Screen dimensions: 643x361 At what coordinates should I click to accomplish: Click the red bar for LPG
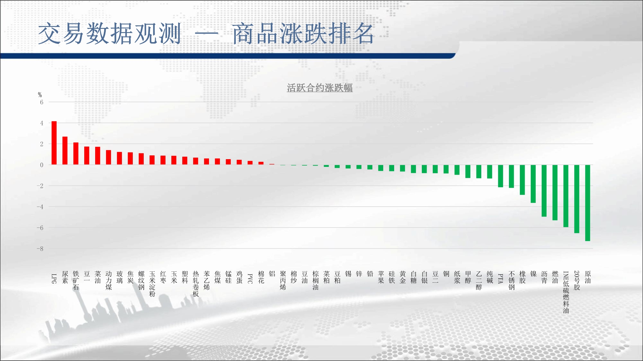tap(54, 143)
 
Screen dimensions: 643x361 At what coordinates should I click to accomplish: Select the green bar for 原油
tap(587, 203)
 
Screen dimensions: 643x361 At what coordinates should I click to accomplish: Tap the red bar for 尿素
tap(65, 151)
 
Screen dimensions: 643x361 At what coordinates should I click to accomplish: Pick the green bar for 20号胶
tap(576, 199)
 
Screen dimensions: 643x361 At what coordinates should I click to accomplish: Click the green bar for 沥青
tap(544, 191)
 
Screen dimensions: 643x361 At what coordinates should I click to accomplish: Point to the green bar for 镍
tap(533, 184)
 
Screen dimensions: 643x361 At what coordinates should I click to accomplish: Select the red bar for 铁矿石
tap(76, 154)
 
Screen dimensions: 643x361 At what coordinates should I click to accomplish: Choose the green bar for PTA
tap(500, 176)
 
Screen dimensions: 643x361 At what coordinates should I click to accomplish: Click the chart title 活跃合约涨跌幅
tap(320, 88)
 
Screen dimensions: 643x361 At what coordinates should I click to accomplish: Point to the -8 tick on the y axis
tap(40, 249)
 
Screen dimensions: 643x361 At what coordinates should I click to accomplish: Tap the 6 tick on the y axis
tap(41, 102)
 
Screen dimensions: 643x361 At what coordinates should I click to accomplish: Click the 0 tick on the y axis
tap(41, 165)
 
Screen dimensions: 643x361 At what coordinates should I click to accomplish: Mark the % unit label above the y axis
tap(40, 95)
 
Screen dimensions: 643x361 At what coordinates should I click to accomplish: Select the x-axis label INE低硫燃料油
tap(566, 292)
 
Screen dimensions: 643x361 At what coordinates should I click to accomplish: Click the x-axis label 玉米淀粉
tap(152, 284)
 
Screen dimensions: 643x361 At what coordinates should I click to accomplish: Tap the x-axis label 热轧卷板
tap(196, 284)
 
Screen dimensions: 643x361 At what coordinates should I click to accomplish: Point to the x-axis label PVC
tap(250, 279)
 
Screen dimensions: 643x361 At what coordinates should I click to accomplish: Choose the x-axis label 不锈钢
tap(512, 280)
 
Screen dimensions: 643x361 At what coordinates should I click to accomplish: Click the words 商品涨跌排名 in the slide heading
tap(303, 34)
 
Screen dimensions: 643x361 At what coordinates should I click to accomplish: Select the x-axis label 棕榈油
tap(315, 280)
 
